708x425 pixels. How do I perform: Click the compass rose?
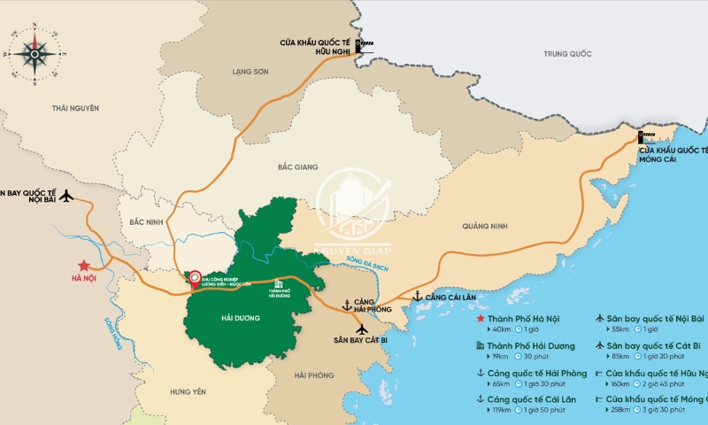pos(36,51)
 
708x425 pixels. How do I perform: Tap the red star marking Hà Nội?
pos(83,265)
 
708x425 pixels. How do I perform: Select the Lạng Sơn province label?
pos(250,71)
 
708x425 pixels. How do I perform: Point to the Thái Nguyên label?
pos(75,108)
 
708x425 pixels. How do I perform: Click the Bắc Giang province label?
pos(296,166)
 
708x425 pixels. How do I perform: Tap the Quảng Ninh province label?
pos(486,227)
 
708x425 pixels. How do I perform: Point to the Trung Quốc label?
pos(567,55)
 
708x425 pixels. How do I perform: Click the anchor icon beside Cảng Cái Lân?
pos(417,297)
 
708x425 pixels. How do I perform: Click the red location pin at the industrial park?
pos(196,276)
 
